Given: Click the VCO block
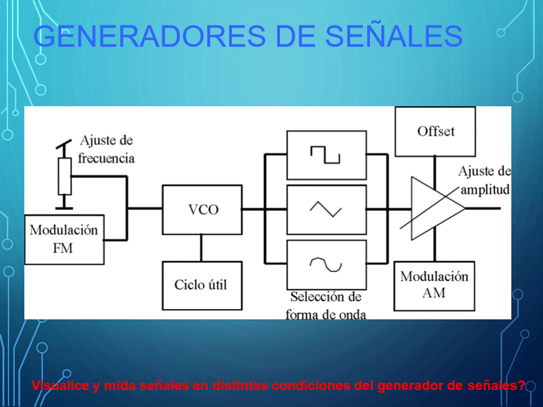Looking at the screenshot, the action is click(202, 210).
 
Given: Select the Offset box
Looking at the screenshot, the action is click(436, 132).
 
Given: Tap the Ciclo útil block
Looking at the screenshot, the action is click(202, 285).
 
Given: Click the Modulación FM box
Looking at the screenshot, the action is click(64, 240).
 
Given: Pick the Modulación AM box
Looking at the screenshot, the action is click(434, 286).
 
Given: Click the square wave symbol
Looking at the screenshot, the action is click(325, 155).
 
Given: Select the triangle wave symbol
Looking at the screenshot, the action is click(326, 209).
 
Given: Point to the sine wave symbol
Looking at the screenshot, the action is click(326, 265).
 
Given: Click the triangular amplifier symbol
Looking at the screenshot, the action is click(438, 209).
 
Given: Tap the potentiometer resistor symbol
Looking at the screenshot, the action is click(64, 176).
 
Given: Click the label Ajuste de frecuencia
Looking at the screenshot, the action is click(106, 149).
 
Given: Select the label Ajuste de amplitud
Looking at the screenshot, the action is click(485, 180).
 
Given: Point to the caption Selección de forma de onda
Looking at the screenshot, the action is click(326, 305).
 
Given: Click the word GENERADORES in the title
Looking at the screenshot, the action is click(149, 36).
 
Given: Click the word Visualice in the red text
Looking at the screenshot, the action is click(60, 386).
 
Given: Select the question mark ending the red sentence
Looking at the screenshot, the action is click(522, 385).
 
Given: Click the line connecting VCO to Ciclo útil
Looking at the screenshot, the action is click(201, 248).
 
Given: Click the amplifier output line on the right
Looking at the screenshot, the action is click(482, 209).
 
